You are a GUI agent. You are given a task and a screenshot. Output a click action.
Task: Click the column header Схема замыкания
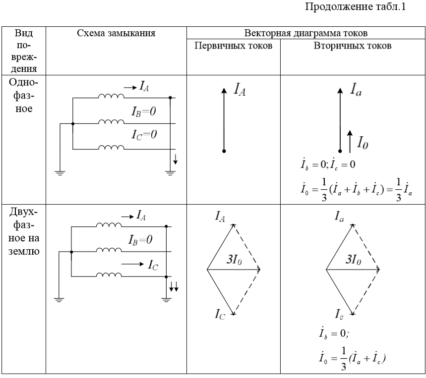(116, 34)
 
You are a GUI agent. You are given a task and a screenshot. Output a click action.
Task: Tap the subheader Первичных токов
(233, 46)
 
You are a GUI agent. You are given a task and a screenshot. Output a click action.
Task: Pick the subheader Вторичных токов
(353, 46)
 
